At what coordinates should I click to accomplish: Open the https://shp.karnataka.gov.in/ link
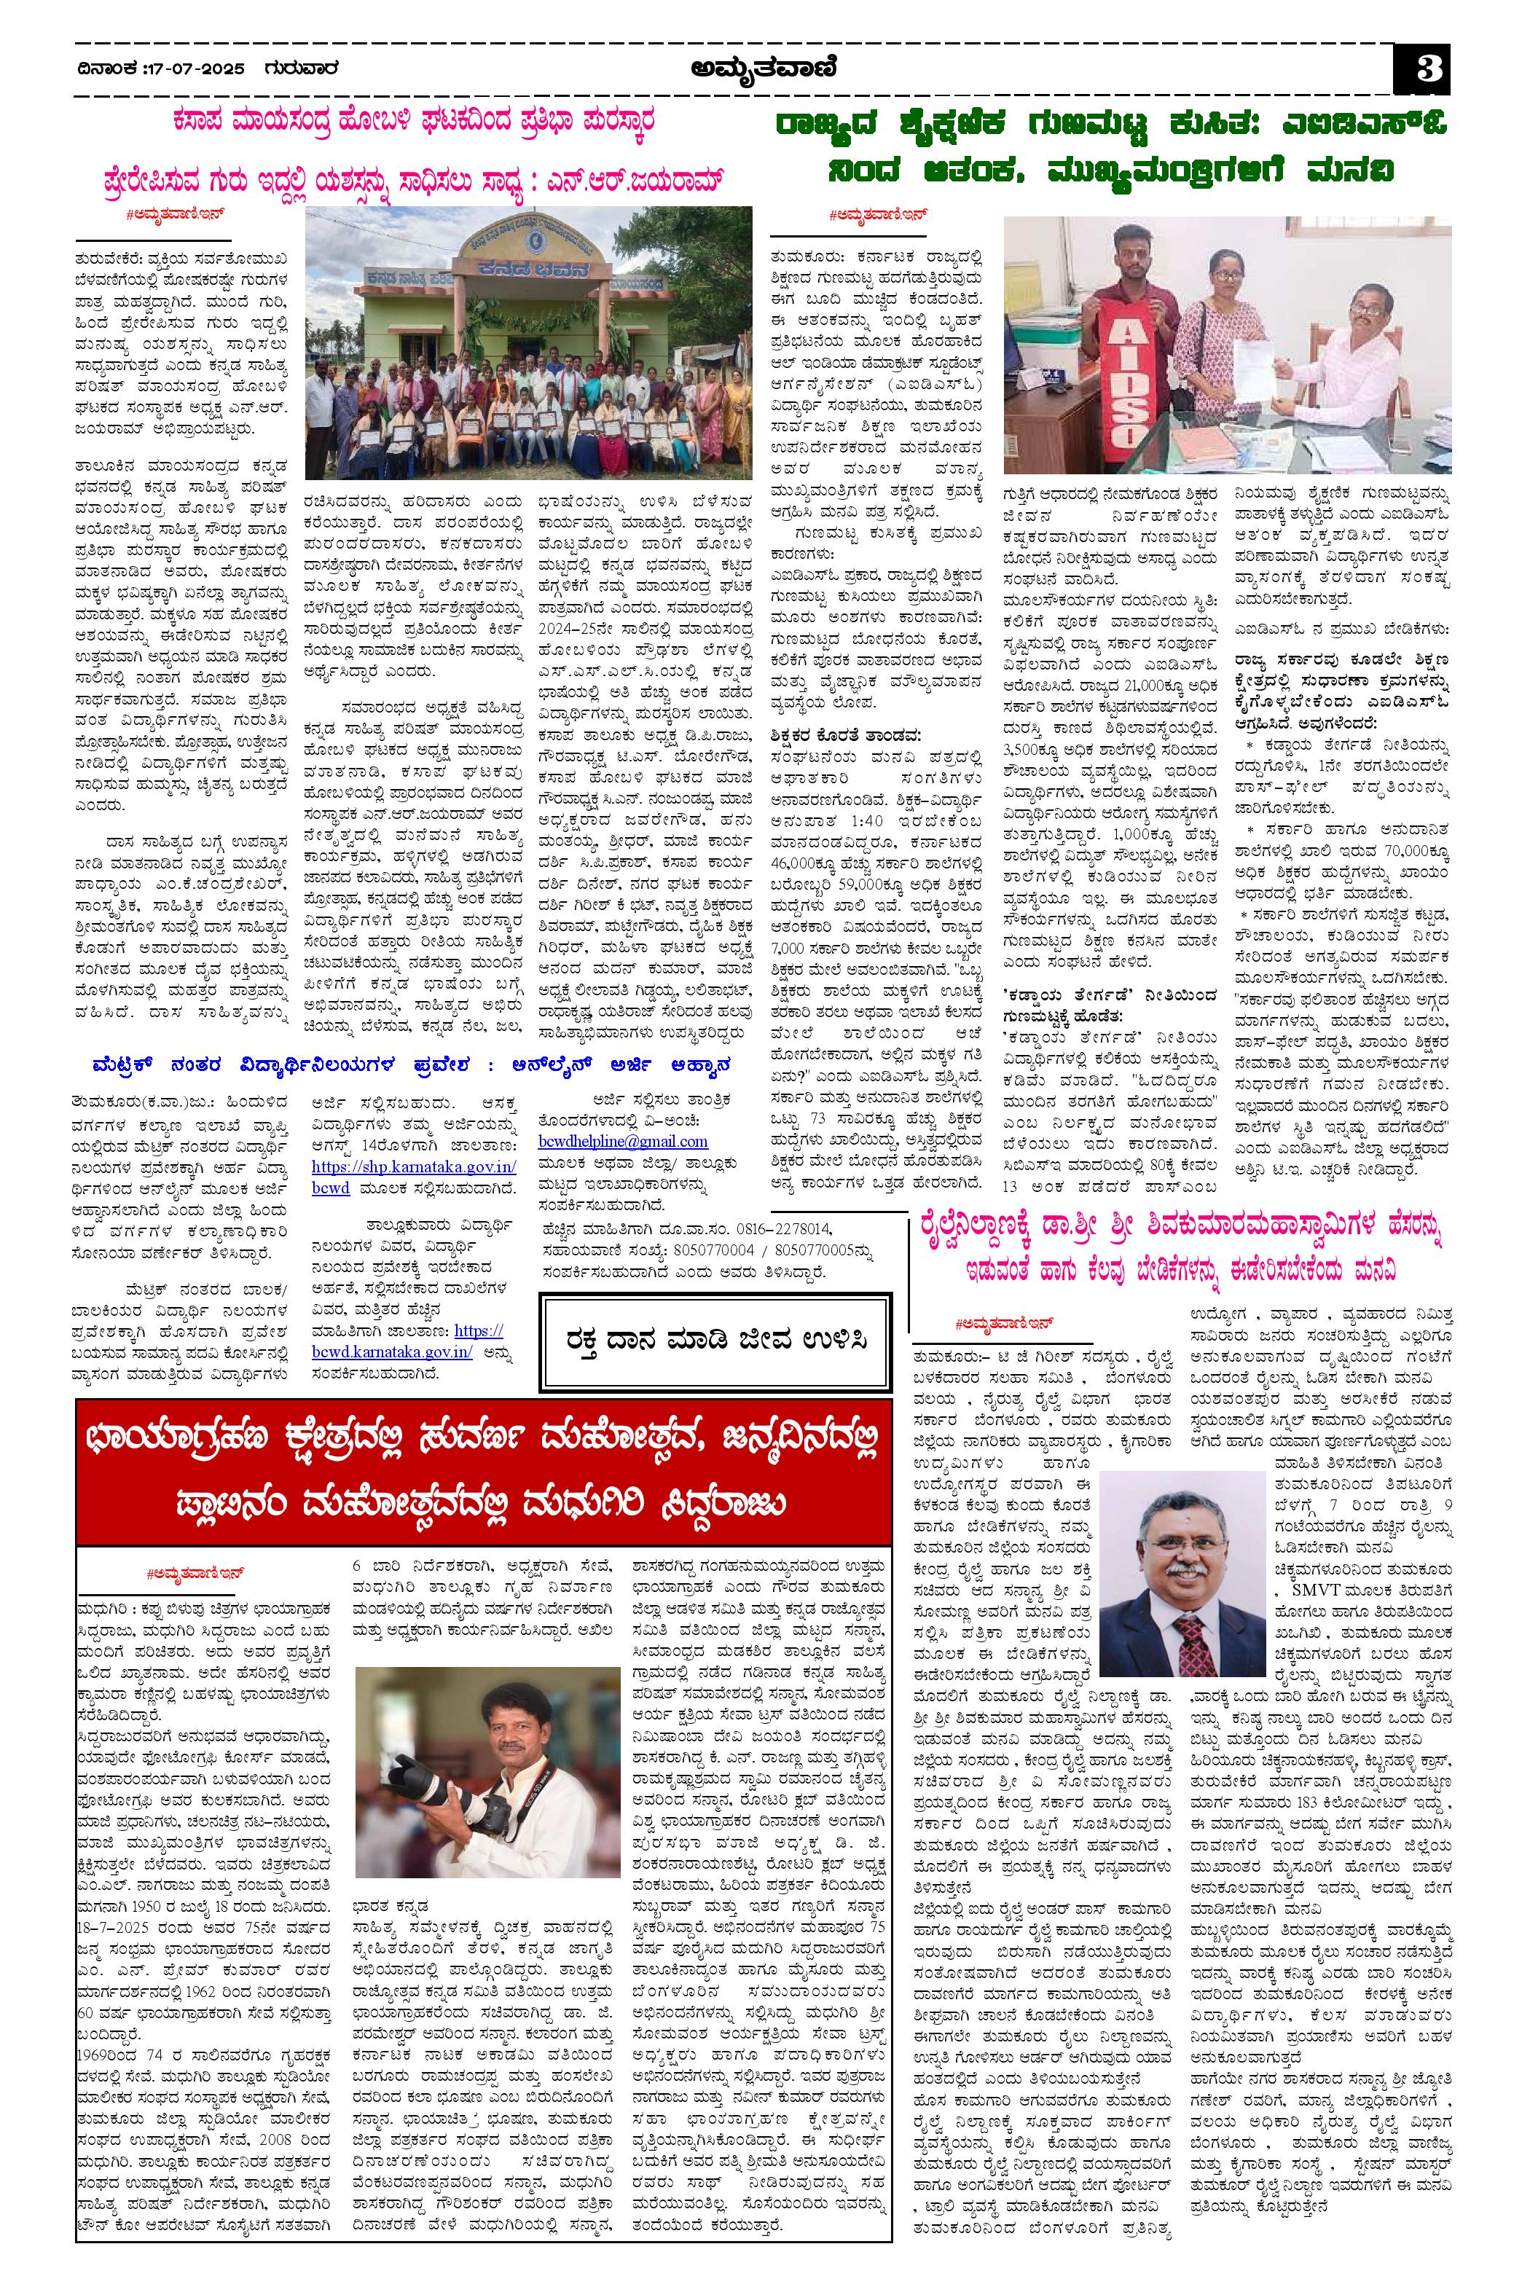(x=415, y=1167)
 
